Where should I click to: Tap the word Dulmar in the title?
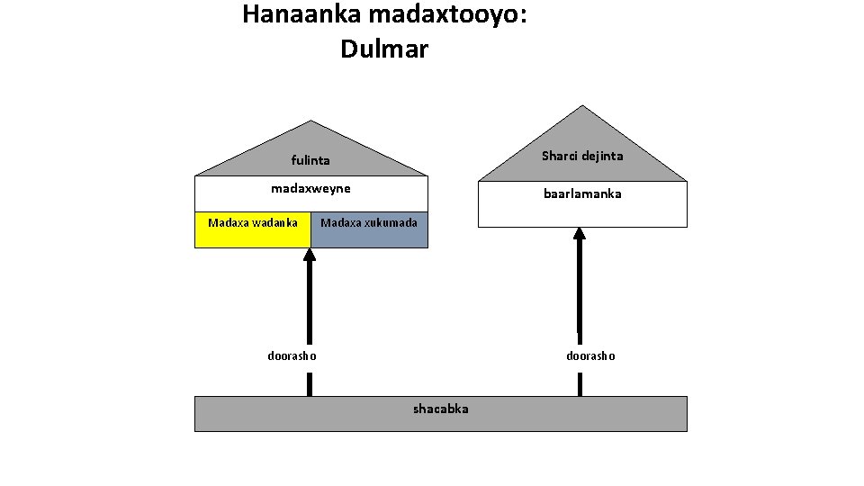[384, 49]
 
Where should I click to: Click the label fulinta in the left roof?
[310, 161]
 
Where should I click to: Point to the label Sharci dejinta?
[582, 156]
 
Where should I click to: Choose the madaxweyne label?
[310, 188]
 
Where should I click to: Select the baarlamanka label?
[582, 193]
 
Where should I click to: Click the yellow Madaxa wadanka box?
[253, 229]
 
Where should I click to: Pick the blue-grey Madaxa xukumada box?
[369, 229]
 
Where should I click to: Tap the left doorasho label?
[292, 355]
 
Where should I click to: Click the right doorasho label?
[590, 355]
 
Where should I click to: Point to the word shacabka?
[440, 409]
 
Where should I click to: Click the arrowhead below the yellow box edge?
[310, 255]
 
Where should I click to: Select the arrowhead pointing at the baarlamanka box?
[580, 234]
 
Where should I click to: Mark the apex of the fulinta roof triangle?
[311, 121]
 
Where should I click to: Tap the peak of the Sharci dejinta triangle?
[583, 107]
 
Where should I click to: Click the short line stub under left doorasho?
[310, 384]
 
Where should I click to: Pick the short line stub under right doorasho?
[580, 384]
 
